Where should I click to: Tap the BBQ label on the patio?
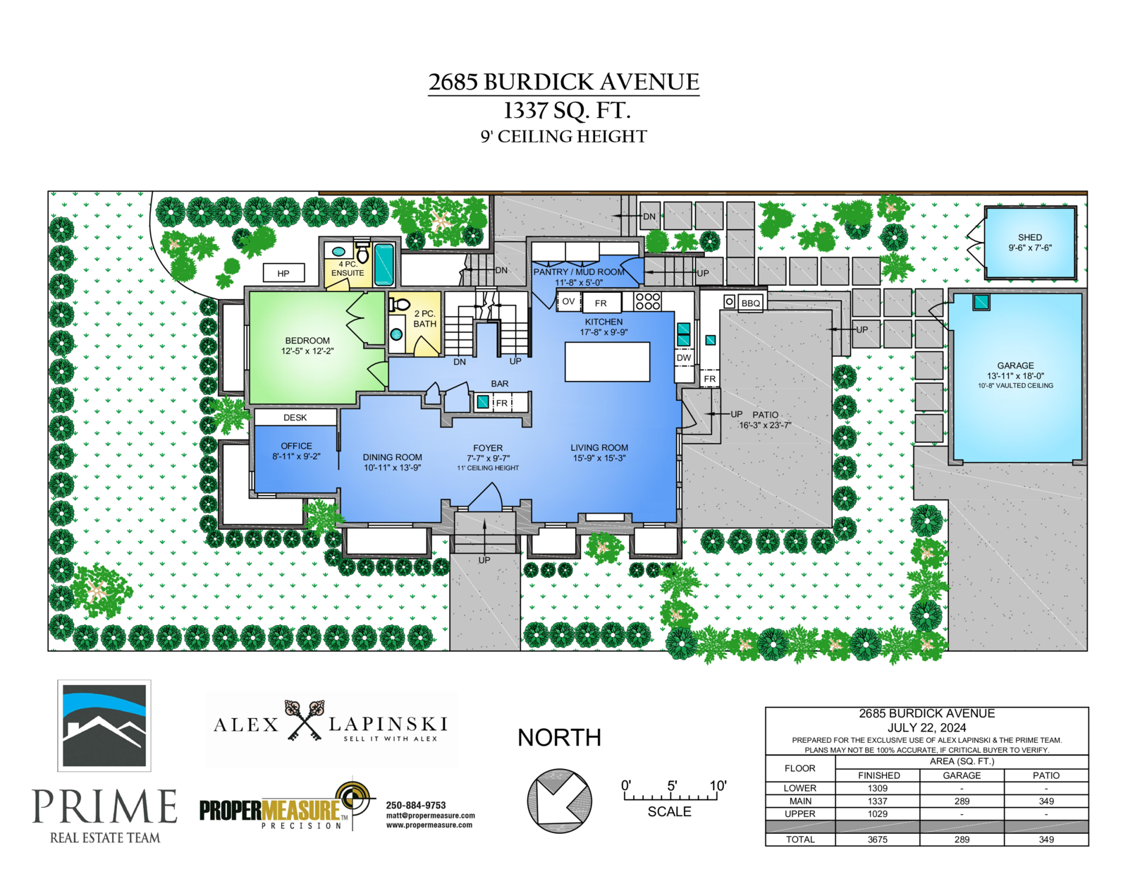pyautogui.click(x=751, y=303)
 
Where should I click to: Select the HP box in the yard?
pyautogui.click(x=283, y=273)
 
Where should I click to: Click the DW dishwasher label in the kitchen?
pyautogui.click(x=684, y=357)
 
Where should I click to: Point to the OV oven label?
pyautogui.click(x=568, y=301)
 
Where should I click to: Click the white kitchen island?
pyautogui.click(x=607, y=361)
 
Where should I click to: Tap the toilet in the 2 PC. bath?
pyautogui.click(x=398, y=305)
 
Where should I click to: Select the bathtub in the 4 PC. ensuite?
pyautogui.click(x=384, y=265)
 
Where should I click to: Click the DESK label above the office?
pyautogui.click(x=295, y=418)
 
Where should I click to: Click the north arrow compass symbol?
pyautogui.click(x=559, y=801)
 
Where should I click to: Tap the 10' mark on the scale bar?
pyautogui.click(x=718, y=786)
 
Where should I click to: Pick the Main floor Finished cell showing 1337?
pyautogui.click(x=877, y=801)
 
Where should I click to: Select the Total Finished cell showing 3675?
pyautogui.click(x=877, y=840)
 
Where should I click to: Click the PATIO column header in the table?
pyautogui.click(x=1046, y=775)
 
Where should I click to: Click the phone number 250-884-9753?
pyautogui.click(x=416, y=805)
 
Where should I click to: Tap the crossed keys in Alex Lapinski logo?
pyautogui.click(x=304, y=720)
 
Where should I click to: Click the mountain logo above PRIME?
pyautogui.click(x=104, y=725)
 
